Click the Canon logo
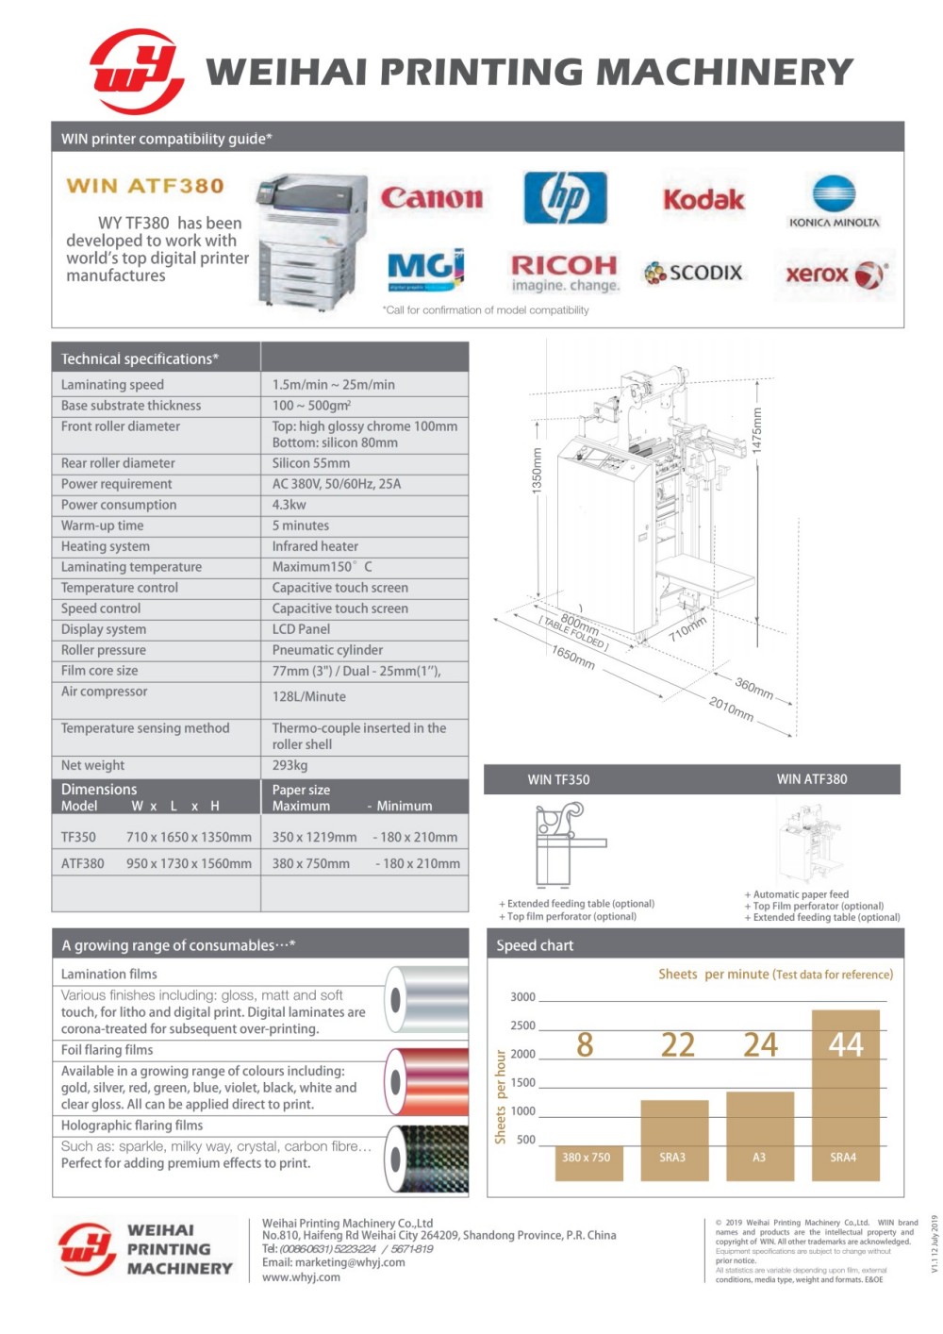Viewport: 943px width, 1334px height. point(431,197)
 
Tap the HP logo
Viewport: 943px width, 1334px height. point(565,198)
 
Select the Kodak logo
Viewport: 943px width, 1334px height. point(703,199)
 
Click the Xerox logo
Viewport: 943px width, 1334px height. point(835,275)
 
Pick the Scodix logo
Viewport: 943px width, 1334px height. point(693,273)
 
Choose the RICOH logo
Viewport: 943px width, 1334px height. point(564,272)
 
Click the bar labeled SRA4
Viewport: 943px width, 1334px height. point(845,1094)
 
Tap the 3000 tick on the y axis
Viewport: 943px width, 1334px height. point(522,997)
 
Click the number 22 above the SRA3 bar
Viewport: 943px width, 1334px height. point(677,1044)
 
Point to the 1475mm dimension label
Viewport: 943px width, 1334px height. point(756,429)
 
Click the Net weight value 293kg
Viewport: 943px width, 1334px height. point(290,765)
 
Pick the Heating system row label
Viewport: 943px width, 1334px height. point(106,546)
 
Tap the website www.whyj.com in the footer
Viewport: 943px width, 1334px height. point(301,1277)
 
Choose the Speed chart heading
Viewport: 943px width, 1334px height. point(535,945)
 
